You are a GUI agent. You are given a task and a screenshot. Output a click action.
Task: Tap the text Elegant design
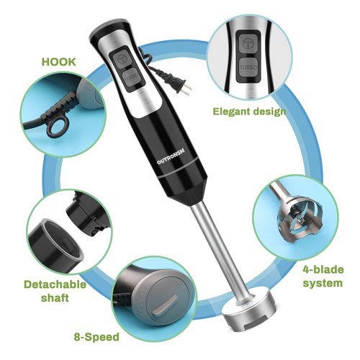[x=249, y=112]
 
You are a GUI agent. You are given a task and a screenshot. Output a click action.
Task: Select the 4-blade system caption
[x=318, y=276]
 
